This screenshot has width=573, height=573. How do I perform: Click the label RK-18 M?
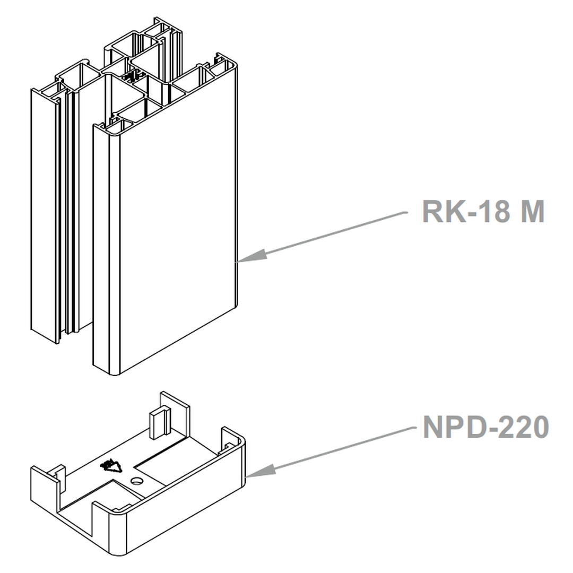(483, 211)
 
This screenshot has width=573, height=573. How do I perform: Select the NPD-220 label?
(485, 427)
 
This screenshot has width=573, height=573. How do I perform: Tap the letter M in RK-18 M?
(531, 211)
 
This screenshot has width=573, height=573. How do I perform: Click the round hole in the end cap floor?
(137, 481)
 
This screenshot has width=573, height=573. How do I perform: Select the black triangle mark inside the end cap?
(112, 466)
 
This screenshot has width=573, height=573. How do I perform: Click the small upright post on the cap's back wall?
(159, 422)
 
